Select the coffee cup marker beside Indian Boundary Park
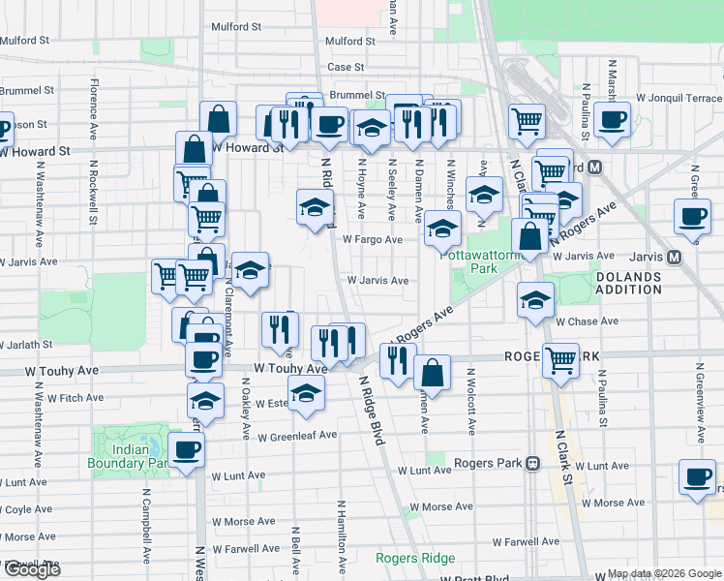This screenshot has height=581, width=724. (187, 449)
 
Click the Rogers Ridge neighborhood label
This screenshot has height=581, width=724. (416, 558)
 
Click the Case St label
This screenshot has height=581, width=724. (345, 67)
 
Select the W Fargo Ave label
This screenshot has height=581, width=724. (372, 239)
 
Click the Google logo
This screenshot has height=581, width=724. (32, 569)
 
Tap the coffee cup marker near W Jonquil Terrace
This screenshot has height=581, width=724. (612, 120)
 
